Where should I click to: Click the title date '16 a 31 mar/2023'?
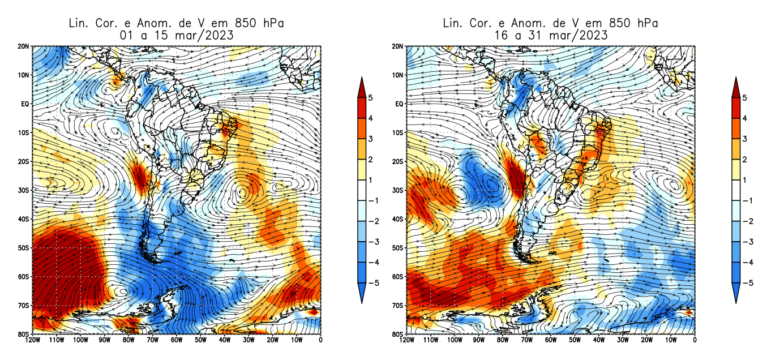pyautogui.click(x=550, y=35)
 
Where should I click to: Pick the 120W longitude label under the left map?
pyautogui.click(x=32, y=340)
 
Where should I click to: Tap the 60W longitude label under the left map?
pyautogui.click(x=177, y=340)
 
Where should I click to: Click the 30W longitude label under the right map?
pyautogui.click(x=622, y=340)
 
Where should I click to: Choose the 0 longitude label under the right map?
pyautogui.click(x=694, y=340)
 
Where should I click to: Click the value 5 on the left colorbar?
pyautogui.click(x=370, y=98)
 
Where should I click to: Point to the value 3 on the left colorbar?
pyautogui.click(x=370, y=139)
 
